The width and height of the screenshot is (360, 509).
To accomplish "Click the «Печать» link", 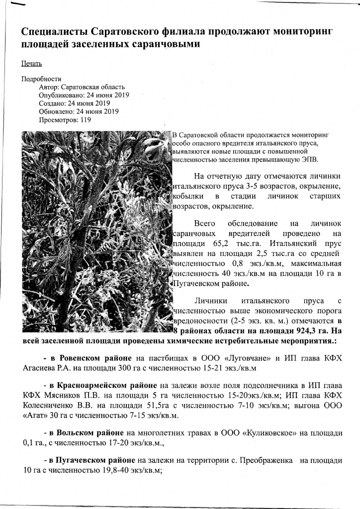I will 31,64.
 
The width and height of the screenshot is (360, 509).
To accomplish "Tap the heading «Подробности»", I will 41,79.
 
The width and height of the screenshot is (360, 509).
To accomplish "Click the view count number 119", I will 86,120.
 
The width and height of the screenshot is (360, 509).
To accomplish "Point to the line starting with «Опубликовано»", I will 84,95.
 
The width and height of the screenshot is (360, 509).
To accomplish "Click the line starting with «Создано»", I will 74,103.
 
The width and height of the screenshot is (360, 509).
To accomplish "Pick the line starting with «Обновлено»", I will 79,111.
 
